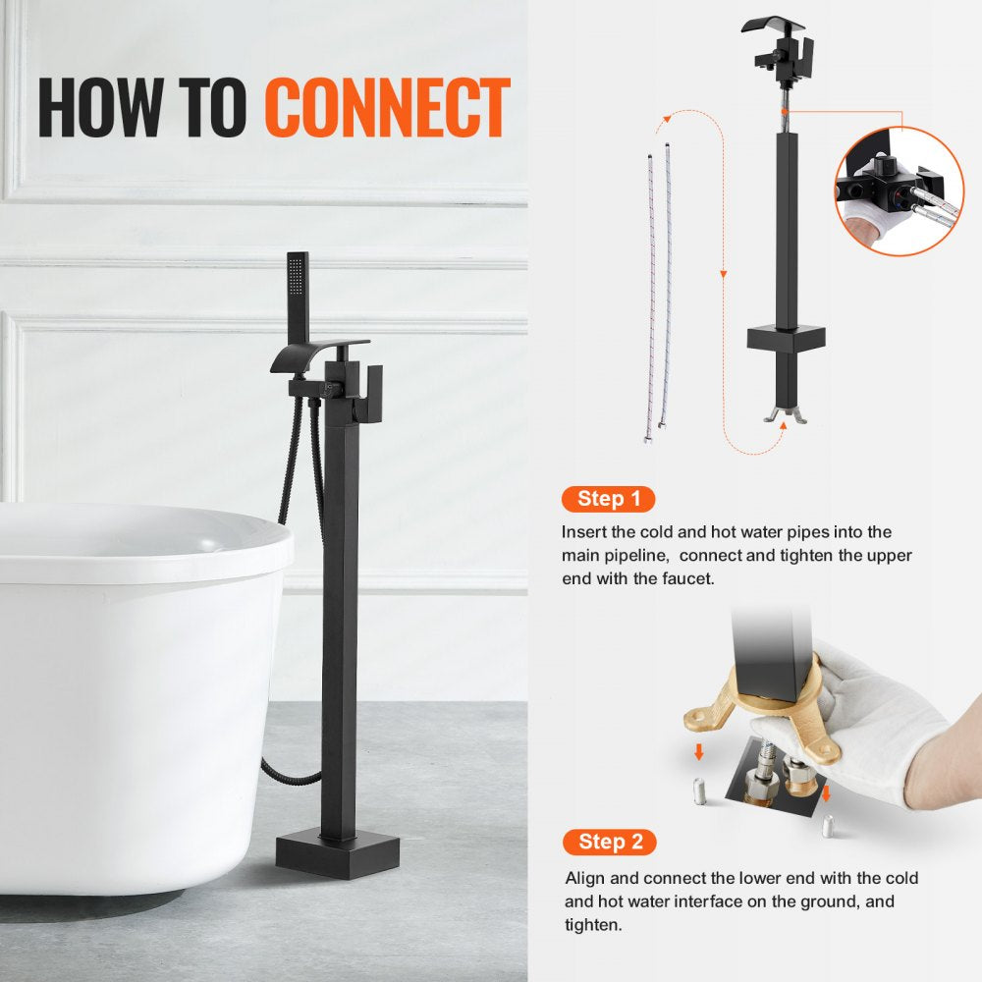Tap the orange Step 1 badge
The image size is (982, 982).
click(608, 499)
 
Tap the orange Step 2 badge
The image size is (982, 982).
click(609, 842)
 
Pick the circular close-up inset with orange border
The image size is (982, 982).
click(899, 191)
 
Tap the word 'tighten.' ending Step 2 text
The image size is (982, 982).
click(595, 925)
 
